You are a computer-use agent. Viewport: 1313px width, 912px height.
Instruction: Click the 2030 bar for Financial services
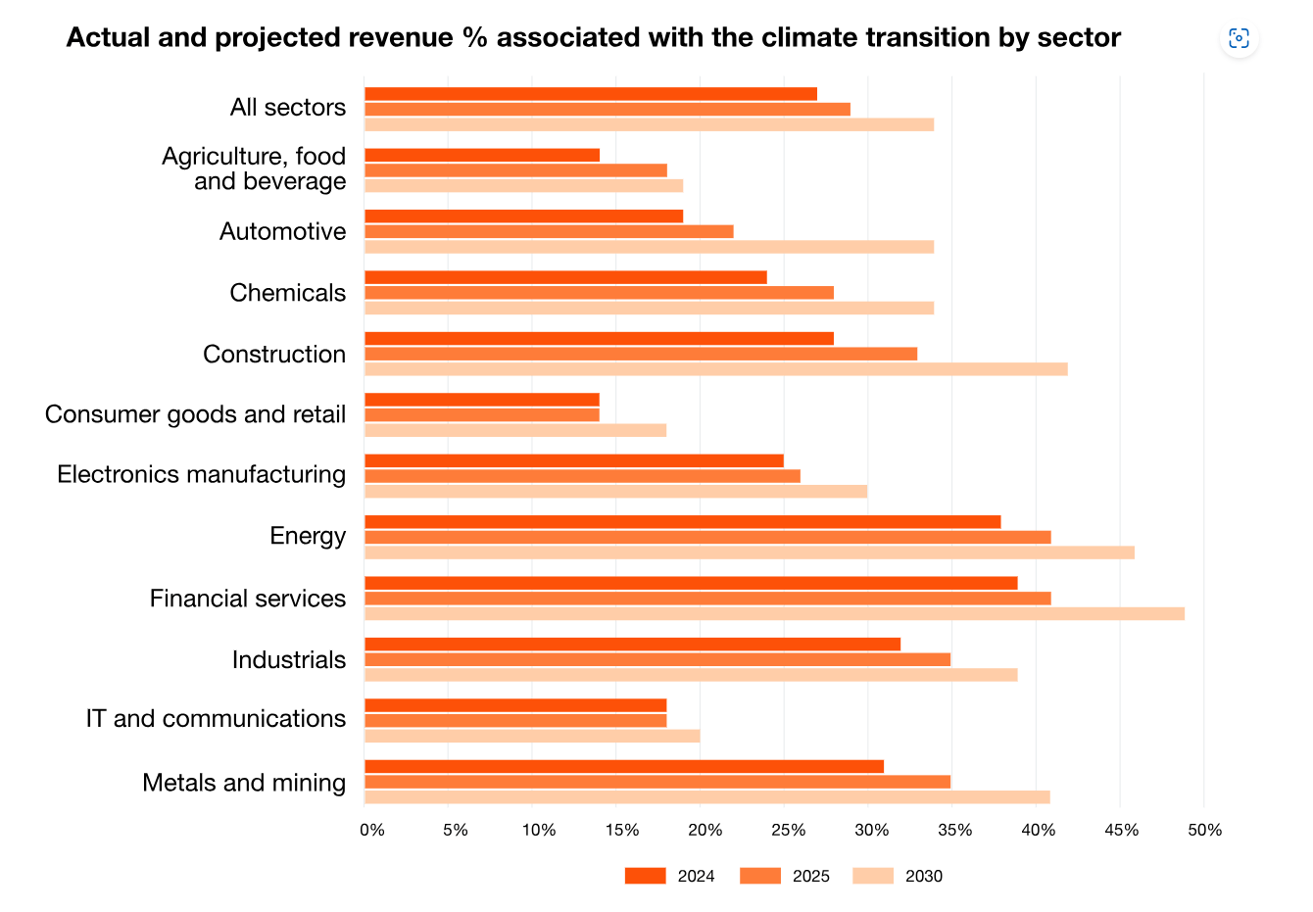pyautogui.click(x=774, y=614)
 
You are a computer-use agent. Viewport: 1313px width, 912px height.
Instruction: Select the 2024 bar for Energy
pyautogui.click(x=682, y=522)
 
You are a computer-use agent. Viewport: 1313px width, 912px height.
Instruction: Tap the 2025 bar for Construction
pyautogui.click(x=641, y=354)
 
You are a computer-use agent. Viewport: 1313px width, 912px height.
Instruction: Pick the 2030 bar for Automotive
pyautogui.click(x=649, y=247)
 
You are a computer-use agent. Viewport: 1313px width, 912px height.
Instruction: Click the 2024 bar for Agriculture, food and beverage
pyautogui.click(x=482, y=155)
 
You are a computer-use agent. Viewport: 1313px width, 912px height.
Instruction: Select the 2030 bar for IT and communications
pyautogui.click(x=532, y=736)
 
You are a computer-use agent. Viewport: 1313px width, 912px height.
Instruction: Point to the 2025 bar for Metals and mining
pyautogui.click(x=657, y=782)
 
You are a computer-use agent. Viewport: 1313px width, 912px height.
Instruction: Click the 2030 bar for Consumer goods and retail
pyautogui.click(x=515, y=430)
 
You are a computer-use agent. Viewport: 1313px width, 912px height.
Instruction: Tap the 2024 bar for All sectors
pyautogui.click(x=591, y=94)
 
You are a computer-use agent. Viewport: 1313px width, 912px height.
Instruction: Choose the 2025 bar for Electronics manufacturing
pyautogui.click(x=582, y=476)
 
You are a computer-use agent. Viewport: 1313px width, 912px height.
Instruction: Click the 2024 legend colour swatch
pyautogui.click(x=645, y=876)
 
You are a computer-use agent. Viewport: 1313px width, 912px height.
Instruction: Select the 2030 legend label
pyautogui.click(x=923, y=877)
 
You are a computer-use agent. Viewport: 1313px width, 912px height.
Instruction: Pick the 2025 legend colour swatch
pyautogui.click(x=759, y=876)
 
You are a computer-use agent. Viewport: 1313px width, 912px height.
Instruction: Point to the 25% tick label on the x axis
pyautogui.click(x=789, y=831)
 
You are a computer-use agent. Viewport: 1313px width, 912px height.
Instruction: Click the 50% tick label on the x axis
pyautogui.click(x=1204, y=831)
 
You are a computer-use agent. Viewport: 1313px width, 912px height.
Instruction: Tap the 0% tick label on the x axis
pyautogui.click(x=372, y=831)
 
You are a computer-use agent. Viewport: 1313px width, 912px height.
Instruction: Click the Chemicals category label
pyautogui.click(x=287, y=293)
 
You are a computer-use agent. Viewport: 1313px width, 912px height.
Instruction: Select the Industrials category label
pyautogui.click(x=288, y=660)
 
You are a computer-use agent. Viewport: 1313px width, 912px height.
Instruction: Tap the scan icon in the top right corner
pyautogui.click(x=1239, y=38)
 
